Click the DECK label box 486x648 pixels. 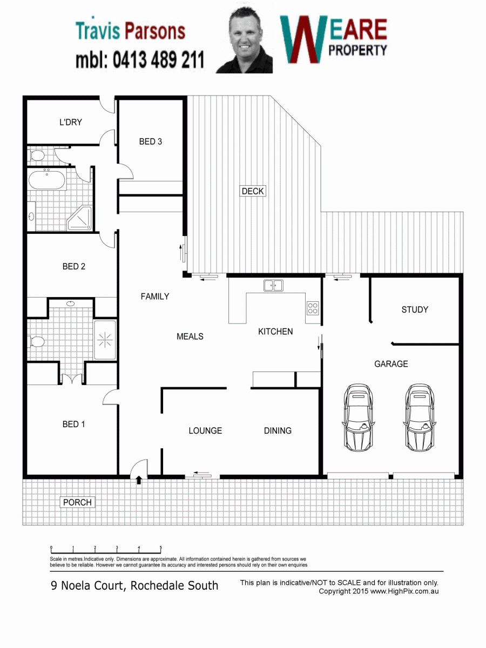(x=253, y=191)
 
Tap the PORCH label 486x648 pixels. (x=77, y=502)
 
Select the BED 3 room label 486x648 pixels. (x=151, y=141)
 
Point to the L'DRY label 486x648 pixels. (x=71, y=122)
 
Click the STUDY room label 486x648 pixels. (x=415, y=309)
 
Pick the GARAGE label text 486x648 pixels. (x=391, y=364)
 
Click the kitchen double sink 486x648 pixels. (x=273, y=286)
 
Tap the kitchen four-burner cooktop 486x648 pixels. (x=313, y=308)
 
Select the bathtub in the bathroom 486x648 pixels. (x=47, y=179)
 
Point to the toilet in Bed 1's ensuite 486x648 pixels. (x=37, y=342)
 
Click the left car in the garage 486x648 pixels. (x=358, y=417)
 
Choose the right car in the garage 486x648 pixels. (x=420, y=417)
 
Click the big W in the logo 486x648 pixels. (x=304, y=39)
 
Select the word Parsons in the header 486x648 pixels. (x=154, y=31)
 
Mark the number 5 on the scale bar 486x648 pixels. (x=160, y=548)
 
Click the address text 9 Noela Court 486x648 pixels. (x=87, y=586)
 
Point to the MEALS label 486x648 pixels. (x=190, y=336)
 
